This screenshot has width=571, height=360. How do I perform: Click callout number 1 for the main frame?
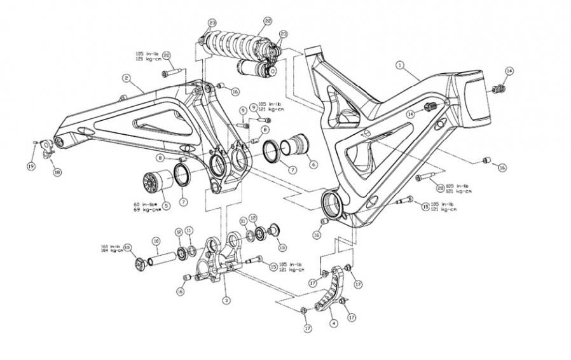click(400, 65)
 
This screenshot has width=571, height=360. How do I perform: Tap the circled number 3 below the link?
click(226, 298)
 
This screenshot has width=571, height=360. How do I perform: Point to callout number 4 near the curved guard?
click(333, 322)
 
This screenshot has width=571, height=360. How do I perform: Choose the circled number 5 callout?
click(166, 205)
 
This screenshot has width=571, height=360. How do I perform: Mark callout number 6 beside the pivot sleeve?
click(313, 163)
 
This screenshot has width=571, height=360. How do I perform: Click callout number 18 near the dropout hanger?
click(57, 172)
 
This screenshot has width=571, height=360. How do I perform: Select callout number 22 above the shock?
click(268, 21)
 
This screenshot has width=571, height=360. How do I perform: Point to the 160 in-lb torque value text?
click(111, 246)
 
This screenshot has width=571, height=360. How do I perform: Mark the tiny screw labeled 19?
click(35, 142)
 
